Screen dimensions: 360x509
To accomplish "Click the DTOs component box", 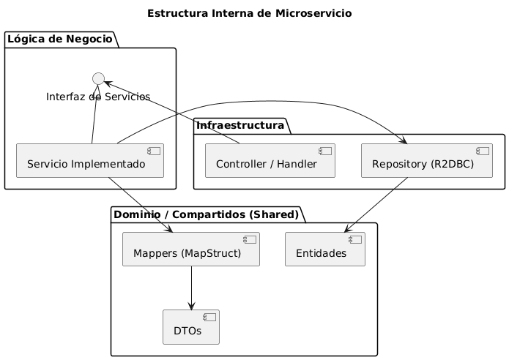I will pos(190,327).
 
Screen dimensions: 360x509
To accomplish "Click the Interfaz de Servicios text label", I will pos(98,97).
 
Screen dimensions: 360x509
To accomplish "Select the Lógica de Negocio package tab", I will pos(61,39).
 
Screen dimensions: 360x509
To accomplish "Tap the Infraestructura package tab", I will pos(241,127).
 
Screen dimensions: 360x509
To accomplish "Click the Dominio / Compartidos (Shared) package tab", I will pos(207,214).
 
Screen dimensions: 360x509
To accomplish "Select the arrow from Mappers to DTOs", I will pos(190,288).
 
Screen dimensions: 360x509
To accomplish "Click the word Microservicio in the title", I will pos(314,13).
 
